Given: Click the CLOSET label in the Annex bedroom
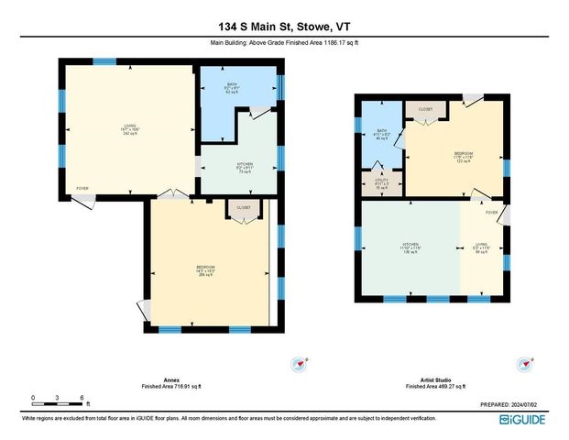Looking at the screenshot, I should (244, 208).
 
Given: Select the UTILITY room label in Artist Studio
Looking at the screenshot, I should (382, 180).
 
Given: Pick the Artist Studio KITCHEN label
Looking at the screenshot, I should (409, 246).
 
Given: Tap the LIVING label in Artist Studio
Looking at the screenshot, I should (481, 246).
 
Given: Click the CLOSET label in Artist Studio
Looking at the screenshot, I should (425, 109).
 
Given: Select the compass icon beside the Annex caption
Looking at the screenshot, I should (297, 365).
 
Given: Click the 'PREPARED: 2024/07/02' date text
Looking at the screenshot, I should (514, 404).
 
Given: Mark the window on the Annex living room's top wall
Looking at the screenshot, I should (104, 61).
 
